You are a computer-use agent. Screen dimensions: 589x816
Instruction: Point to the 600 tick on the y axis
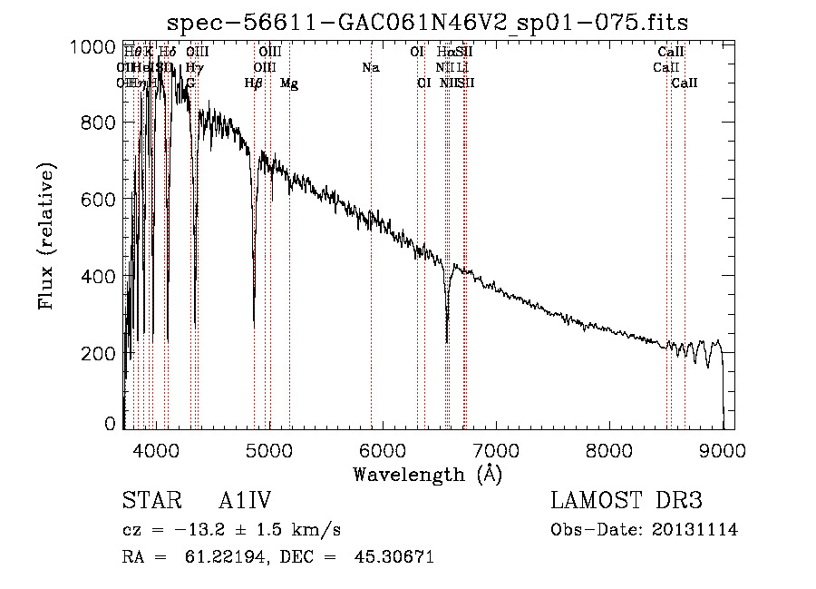[99, 199]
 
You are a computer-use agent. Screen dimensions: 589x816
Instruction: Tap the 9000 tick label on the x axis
[723, 451]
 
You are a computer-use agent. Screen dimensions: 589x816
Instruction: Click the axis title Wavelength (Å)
[427, 474]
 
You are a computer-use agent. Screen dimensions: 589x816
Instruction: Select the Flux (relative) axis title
[47, 236]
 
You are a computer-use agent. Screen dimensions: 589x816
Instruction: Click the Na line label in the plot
[371, 68]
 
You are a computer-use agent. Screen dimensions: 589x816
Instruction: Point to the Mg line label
[289, 83]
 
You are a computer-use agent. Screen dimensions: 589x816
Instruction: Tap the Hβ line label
[254, 83]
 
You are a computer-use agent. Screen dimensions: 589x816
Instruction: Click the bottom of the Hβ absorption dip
[254, 325]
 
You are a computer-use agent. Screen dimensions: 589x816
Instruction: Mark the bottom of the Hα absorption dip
[447, 341]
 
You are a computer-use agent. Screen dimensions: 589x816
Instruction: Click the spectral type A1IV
[245, 502]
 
